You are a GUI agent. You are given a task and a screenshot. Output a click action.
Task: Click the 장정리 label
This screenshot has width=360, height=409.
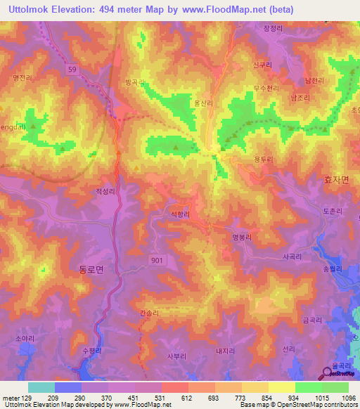[272, 29]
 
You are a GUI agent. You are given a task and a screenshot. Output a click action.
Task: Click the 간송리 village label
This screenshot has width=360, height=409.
[150, 313]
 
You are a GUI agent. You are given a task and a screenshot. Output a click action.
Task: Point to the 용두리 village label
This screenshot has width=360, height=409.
[264, 160]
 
